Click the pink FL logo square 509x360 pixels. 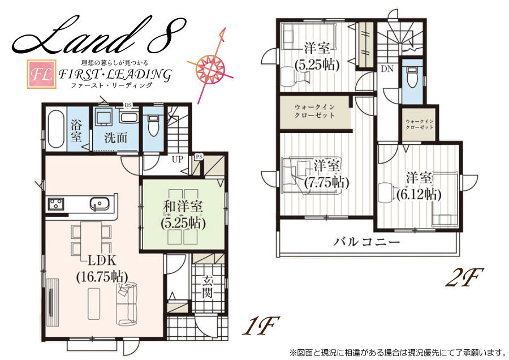click(x=41, y=74)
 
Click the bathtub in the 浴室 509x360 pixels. click(x=55, y=129)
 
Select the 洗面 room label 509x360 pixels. click(x=116, y=138)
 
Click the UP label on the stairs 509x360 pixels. click(x=178, y=160)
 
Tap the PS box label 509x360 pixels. click(x=199, y=157)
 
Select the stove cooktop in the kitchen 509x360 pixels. click(x=56, y=204)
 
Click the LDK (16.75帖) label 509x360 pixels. click(x=102, y=268)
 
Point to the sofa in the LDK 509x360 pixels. click(x=127, y=305)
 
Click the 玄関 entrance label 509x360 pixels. click(x=207, y=286)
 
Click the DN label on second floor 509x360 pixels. click(x=387, y=69)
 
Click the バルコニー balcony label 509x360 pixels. click(x=366, y=242)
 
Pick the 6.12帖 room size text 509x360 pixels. click(x=419, y=195)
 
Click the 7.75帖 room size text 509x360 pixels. click(x=326, y=182)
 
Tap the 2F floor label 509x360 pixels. click(x=464, y=278)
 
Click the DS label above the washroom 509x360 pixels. click(x=128, y=105)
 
